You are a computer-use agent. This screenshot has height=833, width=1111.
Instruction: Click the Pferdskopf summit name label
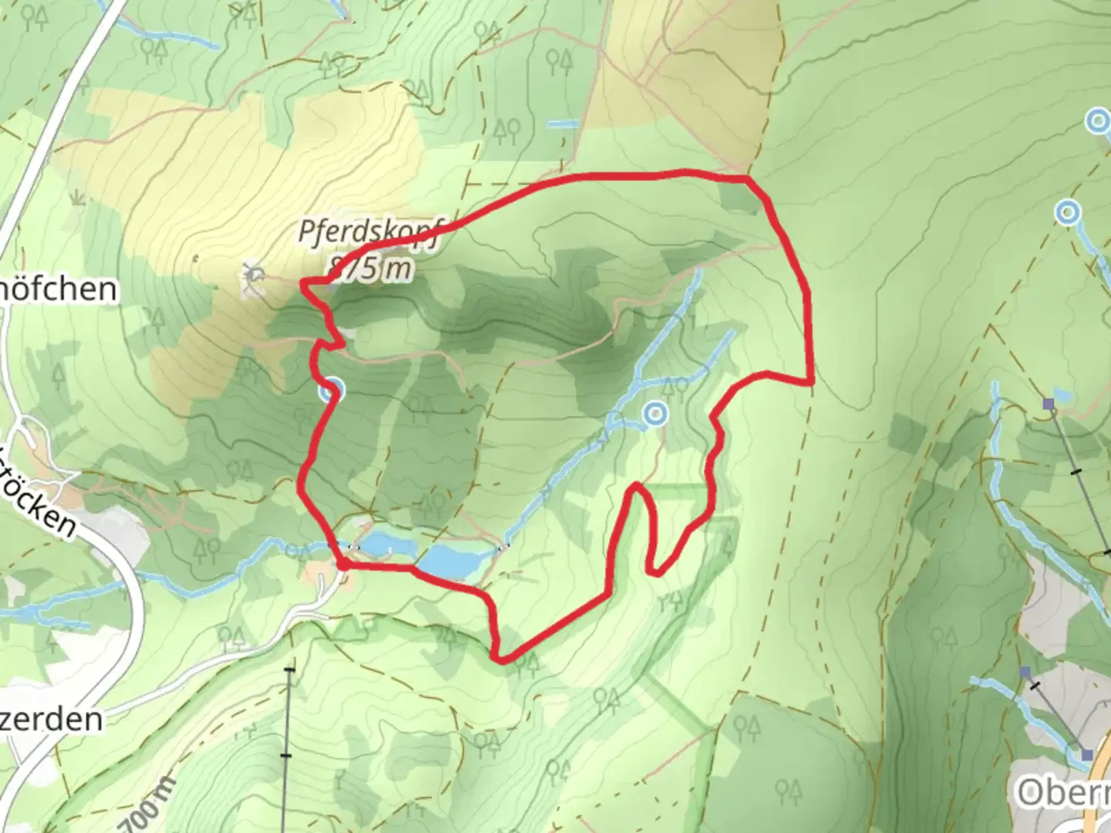click(x=369, y=232)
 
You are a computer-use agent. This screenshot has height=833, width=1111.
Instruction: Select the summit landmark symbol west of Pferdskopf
click(x=252, y=276)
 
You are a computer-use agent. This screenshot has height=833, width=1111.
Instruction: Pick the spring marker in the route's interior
click(x=655, y=414)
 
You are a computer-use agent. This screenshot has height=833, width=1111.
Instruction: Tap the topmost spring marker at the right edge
click(x=1097, y=121)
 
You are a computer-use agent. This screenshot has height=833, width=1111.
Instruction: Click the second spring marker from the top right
click(x=1067, y=211)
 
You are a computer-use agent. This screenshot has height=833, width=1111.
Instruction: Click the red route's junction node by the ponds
click(x=342, y=565)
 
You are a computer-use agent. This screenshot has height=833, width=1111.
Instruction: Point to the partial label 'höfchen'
click(x=60, y=290)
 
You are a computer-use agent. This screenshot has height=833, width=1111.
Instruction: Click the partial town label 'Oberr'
click(x=1063, y=792)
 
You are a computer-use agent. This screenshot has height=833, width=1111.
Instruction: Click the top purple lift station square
click(x=1049, y=403)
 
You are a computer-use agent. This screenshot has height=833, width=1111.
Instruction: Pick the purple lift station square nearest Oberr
click(x=1086, y=754)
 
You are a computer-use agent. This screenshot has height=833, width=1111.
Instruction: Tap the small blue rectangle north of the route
click(x=563, y=123)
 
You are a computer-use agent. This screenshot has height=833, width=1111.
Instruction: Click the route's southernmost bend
click(x=501, y=659)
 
